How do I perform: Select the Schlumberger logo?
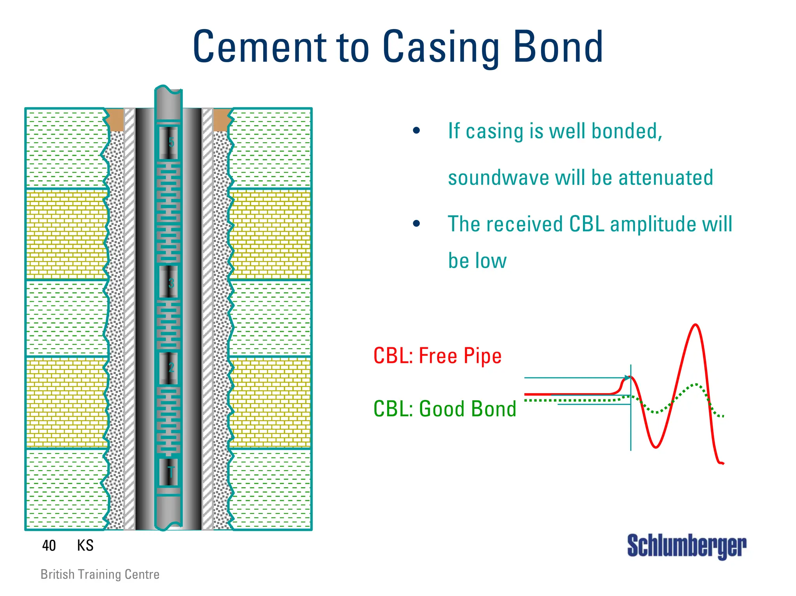[686, 546]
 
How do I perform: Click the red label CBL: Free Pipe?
[437, 356]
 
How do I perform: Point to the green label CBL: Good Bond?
[445, 409]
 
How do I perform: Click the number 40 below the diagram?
[49, 545]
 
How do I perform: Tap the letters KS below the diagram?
[85, 545]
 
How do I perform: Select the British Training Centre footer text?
[100, 574]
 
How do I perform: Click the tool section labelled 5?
[169, 142]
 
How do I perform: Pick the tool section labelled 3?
[169, 282]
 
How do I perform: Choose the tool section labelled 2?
[169, 368]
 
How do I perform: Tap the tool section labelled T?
[169, 472]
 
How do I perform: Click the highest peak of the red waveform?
[696, 325]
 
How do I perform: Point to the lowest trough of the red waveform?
[656, 447]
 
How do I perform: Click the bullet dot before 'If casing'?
[417, 131]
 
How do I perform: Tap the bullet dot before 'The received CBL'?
[417, 224]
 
